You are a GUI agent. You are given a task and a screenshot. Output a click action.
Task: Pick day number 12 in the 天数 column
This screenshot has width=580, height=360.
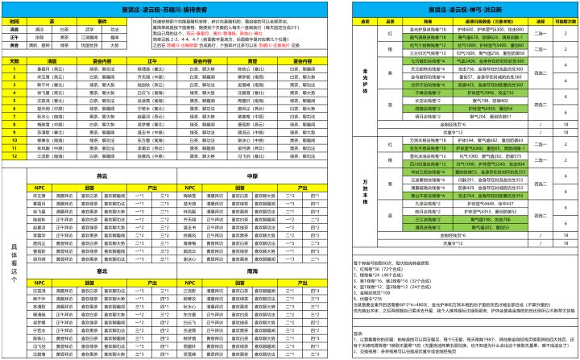(14, 147)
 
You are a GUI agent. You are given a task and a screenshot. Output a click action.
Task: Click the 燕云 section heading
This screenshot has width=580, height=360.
(101, 175)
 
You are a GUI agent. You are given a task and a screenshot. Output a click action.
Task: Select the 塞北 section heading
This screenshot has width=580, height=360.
(101, 271)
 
